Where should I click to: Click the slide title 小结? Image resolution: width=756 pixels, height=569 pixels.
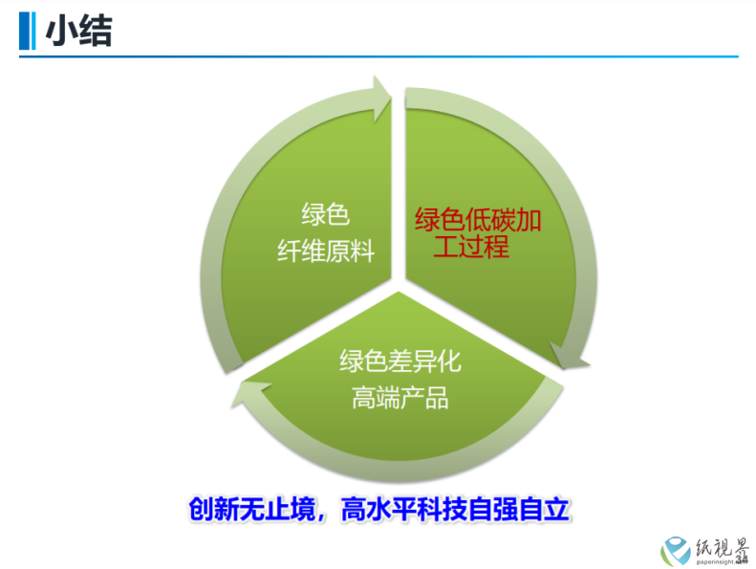point(78,31)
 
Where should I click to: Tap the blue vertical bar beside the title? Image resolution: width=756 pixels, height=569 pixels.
point(27,31)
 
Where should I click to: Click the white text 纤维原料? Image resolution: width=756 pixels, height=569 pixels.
point(326,252)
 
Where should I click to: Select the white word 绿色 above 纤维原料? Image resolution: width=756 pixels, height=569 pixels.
point(326,214)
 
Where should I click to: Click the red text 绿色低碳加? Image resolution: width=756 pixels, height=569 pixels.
point(478,220)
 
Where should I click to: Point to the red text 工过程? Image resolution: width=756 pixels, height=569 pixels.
point(471,246)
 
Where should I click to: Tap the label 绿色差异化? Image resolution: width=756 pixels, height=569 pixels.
point(400,361)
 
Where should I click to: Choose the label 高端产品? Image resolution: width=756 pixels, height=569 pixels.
point(400,398)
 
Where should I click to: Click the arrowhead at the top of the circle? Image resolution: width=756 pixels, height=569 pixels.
point(382,98)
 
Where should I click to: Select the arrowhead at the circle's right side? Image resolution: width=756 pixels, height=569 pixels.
point(569,356)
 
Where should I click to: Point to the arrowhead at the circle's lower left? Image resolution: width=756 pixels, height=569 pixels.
point(249,393)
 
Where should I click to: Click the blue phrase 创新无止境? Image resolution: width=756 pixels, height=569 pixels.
point(252,509)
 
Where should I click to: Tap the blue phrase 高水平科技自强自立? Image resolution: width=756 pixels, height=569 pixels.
point(456,509)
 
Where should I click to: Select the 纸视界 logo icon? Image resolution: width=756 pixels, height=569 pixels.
point(676,551)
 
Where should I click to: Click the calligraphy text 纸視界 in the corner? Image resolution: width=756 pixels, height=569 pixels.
point(722,548)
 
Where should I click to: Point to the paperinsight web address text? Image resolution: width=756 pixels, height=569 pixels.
point(721,561)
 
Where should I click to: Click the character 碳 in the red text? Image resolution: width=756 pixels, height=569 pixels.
point(503,220)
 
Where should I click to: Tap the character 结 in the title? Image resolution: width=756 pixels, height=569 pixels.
point(96,31)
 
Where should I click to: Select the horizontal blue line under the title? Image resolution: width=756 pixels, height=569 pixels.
point(378,57)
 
